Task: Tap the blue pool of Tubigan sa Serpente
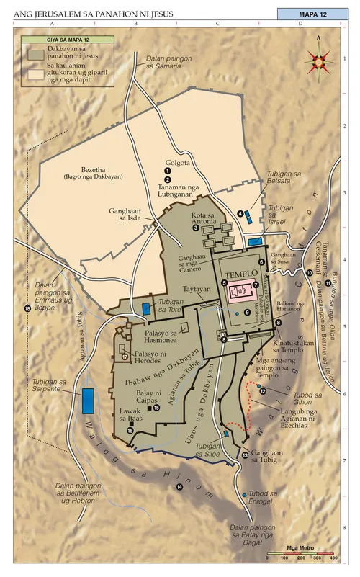[88, 400]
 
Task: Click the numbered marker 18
[28, 309]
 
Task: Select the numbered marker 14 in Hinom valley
[180, 488]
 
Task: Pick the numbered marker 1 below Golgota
[167, 171]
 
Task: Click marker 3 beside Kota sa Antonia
[195, 228]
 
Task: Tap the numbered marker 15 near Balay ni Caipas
[156, 408]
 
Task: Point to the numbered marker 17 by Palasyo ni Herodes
[125, 356]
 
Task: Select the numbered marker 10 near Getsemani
[310, 272]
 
